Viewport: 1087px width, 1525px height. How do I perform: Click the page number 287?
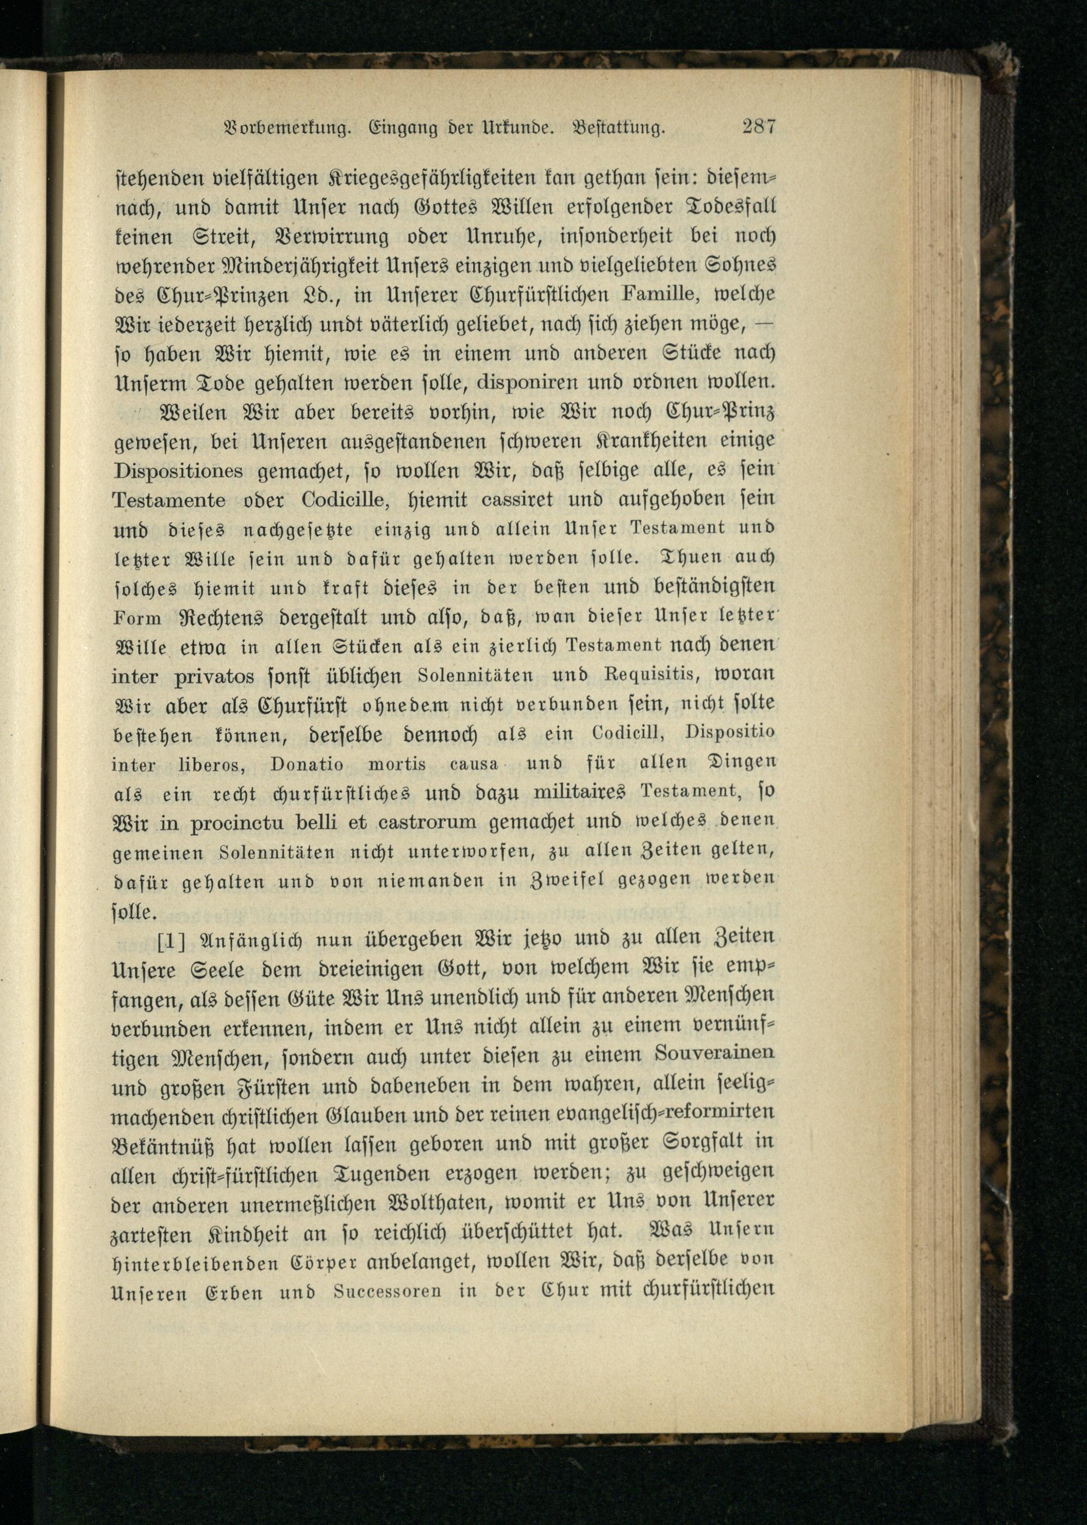pos(758,127)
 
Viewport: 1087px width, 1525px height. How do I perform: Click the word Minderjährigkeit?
pos(301,266)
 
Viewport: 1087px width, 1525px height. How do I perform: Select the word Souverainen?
pos(714,1055)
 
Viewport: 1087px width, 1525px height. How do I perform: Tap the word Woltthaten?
pos(440,1203)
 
